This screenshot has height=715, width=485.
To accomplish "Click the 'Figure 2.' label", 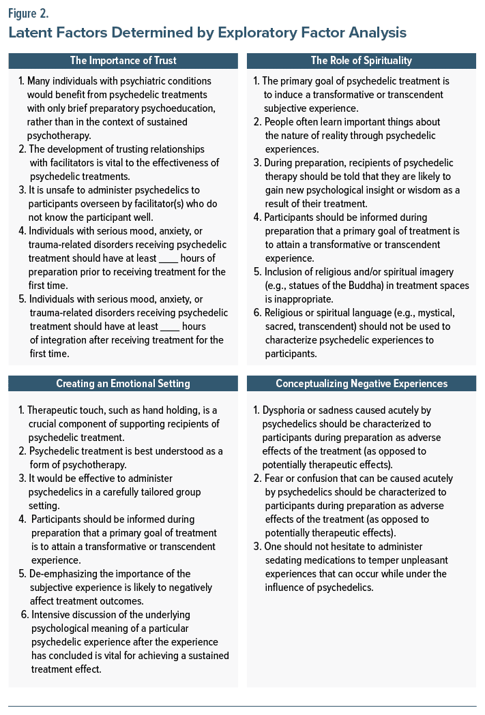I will [x=28, y=12].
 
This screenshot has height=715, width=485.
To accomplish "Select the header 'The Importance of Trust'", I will [x=123, y=61].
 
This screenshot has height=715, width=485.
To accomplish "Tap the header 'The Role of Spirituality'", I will [x=361, y=61].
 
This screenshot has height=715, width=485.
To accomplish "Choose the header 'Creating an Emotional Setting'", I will [x=123, y=384].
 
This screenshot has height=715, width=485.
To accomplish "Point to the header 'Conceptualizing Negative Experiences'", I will [x=361, y=384].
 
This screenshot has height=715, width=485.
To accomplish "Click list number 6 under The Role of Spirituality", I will [x=256, y=313].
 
